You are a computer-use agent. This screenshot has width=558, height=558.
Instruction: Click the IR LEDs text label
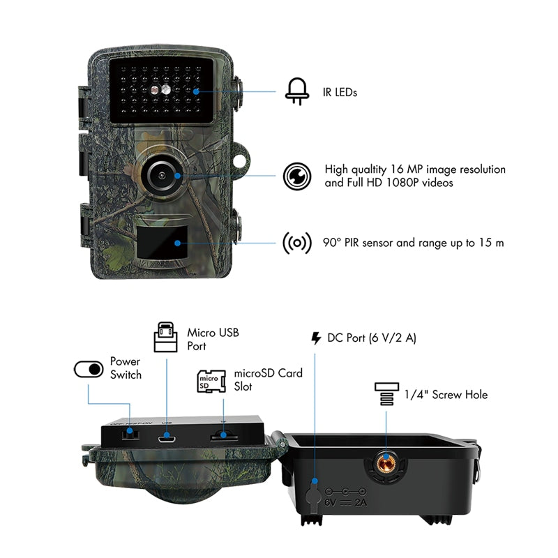click(340, 92)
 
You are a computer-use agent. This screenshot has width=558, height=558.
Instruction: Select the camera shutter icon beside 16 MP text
click(296, 176)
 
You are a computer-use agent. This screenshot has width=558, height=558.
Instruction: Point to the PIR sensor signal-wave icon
click(296, 243)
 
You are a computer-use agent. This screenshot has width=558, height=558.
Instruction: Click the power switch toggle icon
click(89, 368)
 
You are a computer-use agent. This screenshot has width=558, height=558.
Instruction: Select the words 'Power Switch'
click(126, 368)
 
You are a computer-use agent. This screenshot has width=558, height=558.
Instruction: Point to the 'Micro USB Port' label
click(213, 339)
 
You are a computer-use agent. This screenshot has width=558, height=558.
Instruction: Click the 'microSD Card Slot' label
click(268, 379)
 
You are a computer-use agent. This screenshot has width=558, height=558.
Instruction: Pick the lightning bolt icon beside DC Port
click(316, 339)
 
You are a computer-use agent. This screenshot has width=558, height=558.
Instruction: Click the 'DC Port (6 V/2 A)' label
click(372, 338)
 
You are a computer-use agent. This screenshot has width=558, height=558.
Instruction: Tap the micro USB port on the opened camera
click(166, 437)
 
